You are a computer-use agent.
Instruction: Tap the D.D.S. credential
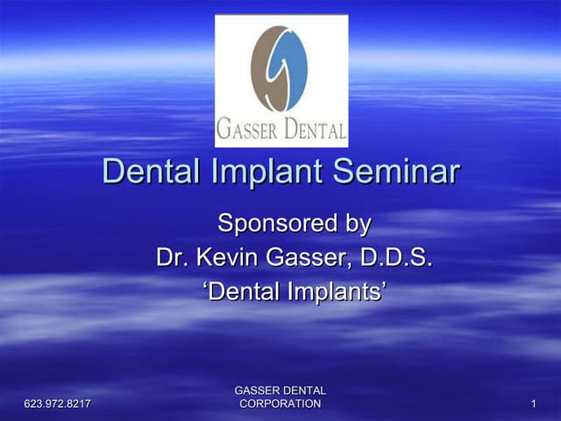396,258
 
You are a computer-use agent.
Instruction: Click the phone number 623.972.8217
59,403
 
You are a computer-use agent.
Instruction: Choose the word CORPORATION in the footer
280,403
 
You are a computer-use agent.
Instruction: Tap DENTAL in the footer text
305,390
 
